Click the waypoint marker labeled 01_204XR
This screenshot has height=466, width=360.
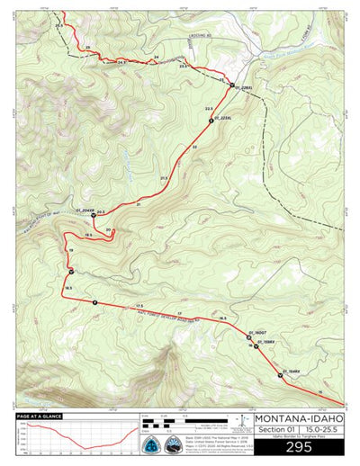pyautogui.click(x=94, y=215)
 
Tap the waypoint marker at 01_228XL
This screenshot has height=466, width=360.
pyautogui.click(x=231, y=86)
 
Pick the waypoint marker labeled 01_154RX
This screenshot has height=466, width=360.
pyautogui.click(x=280, y=375)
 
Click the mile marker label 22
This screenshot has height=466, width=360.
pyautogui.click(x=194, y=147)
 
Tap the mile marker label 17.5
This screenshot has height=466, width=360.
pyautogui.click(x=139, y=307)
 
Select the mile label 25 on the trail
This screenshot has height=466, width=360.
pyautogui.click(x=88, y=46)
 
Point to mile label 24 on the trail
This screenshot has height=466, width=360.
pyautogui.click(x=157, y=58)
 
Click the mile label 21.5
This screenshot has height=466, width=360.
pyautogui.click(x=164, y=179)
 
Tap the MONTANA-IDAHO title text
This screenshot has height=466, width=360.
pyautogui.click(x=299, y=418)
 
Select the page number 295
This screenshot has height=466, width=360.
pyautogui.click(x=299, y=447)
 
